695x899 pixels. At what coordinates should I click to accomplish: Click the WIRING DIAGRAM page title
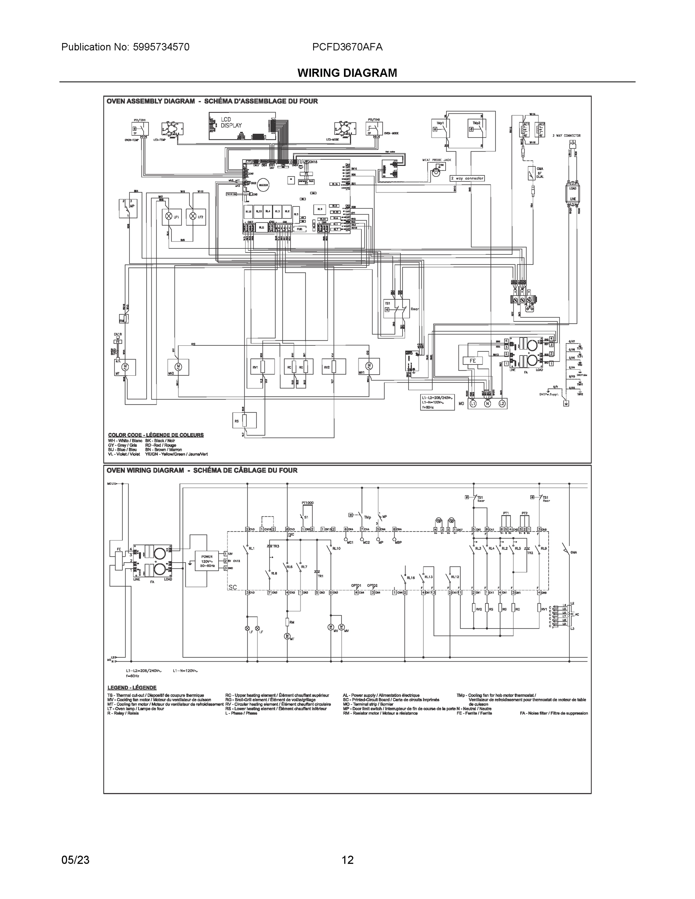tap(347, 73)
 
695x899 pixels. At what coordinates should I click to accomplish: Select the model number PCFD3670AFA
tap(347, 47)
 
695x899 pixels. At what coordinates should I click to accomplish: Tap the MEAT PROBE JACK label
tap(436, 160)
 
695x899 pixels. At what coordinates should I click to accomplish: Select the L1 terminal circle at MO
tap(473, 404)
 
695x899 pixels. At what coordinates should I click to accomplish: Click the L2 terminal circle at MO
tap(502, 404)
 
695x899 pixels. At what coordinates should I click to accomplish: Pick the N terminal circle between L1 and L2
tap(487, 404)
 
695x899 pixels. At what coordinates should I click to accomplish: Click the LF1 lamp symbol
tap(168, 216)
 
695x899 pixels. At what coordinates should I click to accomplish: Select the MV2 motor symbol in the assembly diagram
tap(178, 366)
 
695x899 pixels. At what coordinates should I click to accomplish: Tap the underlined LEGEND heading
tap(132, 687)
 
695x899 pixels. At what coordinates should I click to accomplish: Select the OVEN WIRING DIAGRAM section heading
tap(202, 470)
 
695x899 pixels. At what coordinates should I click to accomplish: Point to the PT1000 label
tap(307, 503)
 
